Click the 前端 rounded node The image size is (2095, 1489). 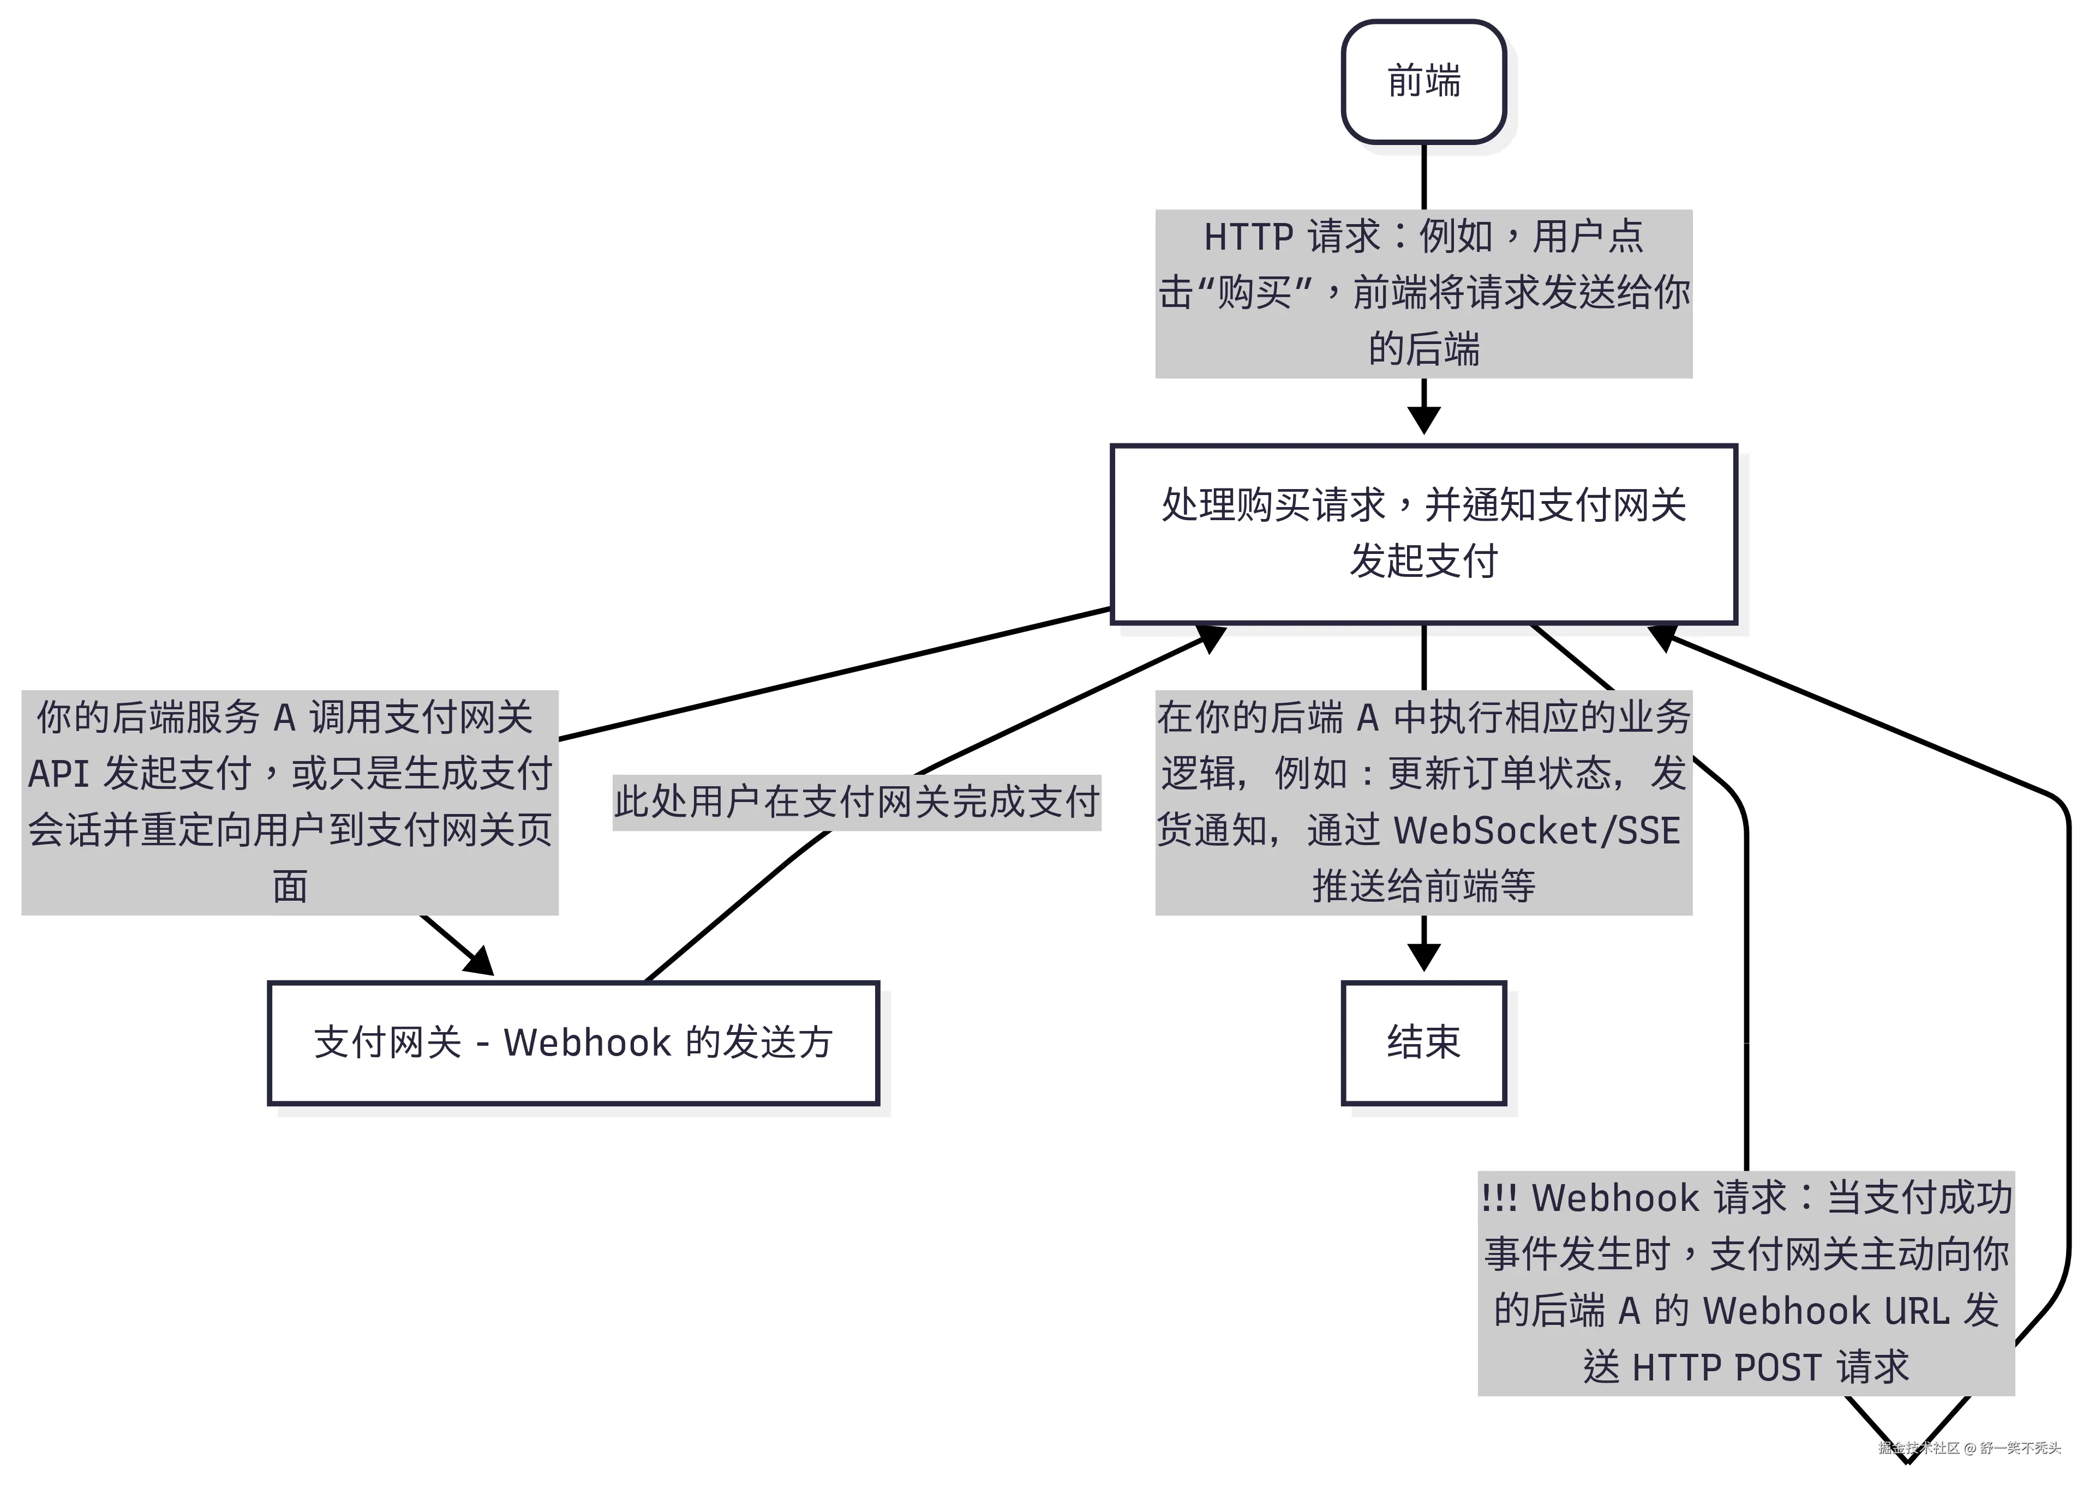click(1423, 82)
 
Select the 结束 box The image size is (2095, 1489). click(1423, 1042)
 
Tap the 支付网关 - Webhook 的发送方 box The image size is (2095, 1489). click(573, 1042)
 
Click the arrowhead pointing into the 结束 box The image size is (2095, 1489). click(1423, 957)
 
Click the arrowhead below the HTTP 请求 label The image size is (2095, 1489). click(1423, 420)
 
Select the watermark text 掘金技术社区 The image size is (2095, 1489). click(1918, 1449)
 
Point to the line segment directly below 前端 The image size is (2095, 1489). click(1423, 176)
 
